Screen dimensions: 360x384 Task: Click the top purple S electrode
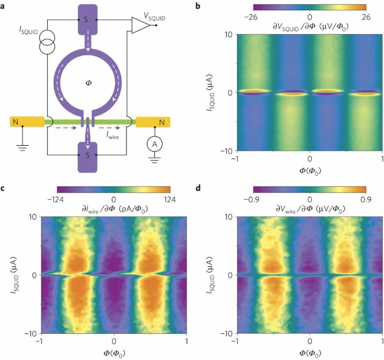point(87,20)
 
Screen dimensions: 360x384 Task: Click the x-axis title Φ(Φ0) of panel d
point(309,353)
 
